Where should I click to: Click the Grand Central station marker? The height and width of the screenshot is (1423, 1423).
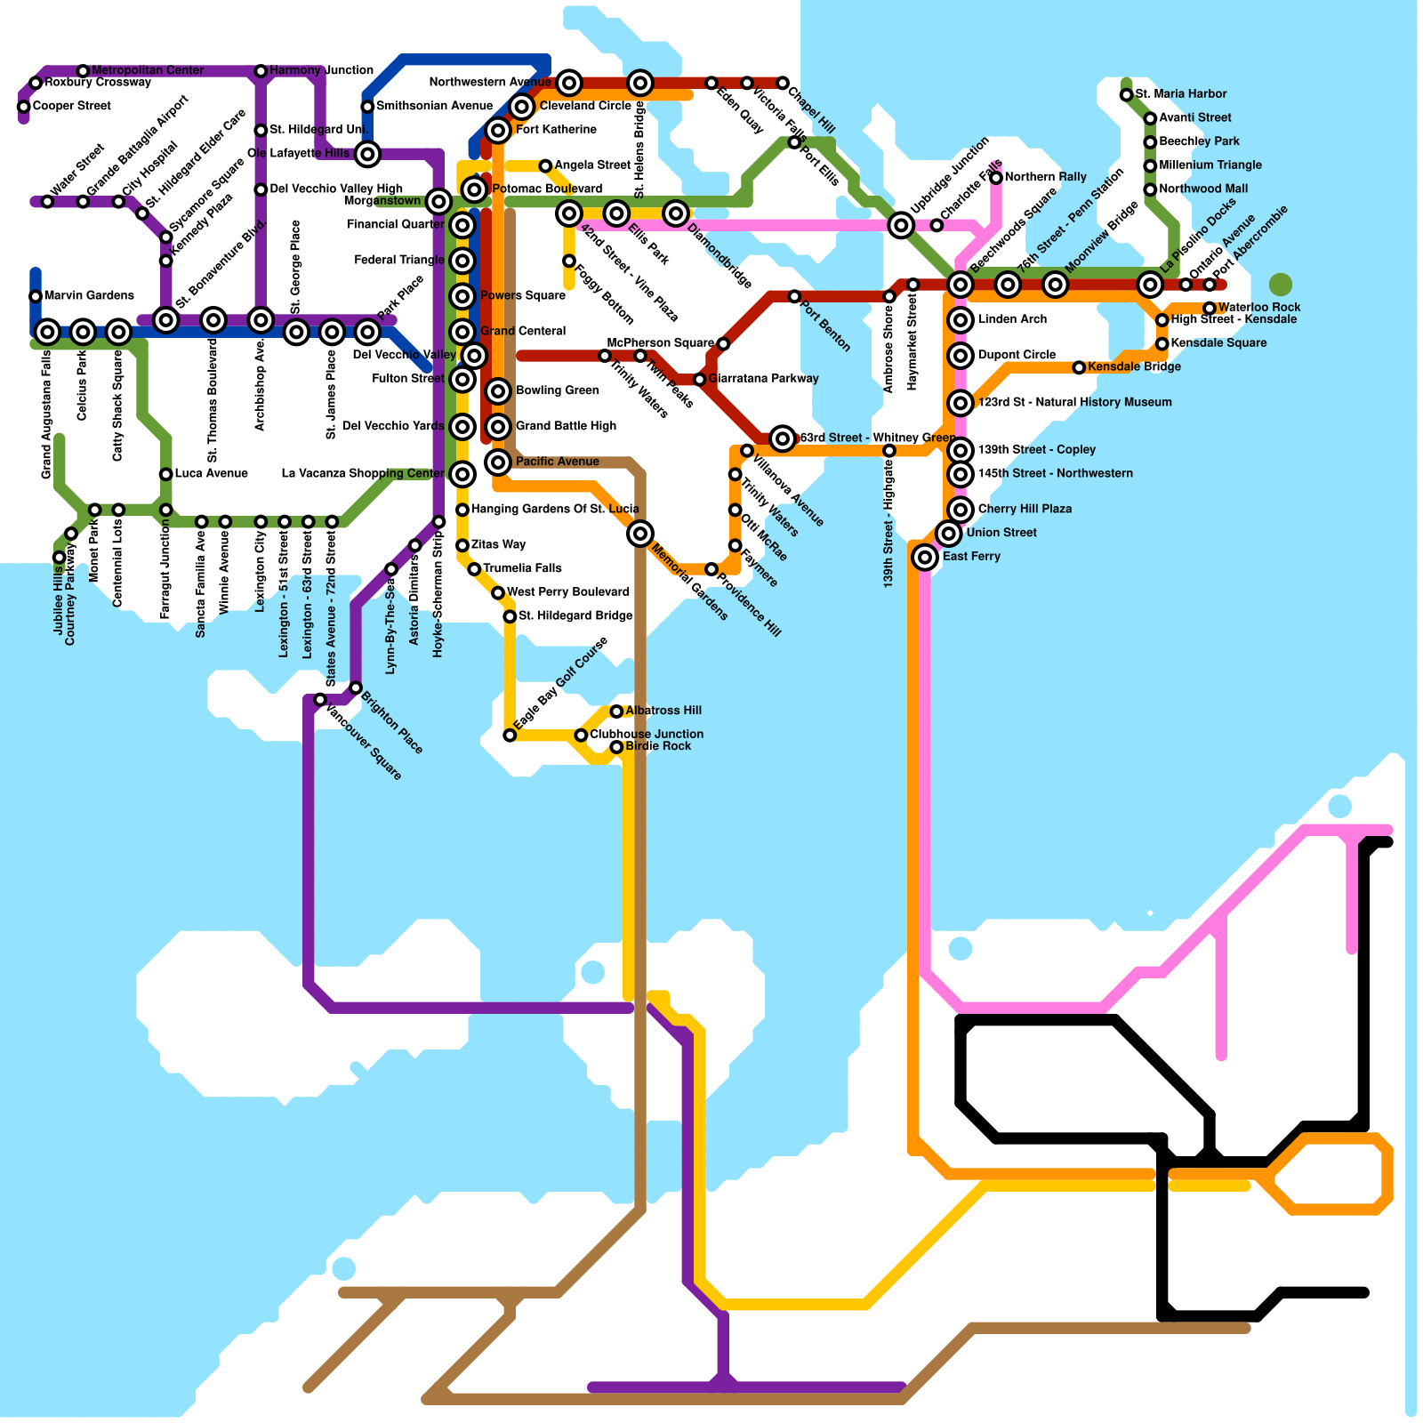[x=462, y=332]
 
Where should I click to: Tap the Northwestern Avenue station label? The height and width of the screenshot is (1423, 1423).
[x=490, y=83]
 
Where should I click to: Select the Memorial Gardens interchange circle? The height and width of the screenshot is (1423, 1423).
[x=640, y=534]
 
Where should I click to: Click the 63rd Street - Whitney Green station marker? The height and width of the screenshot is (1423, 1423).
[x=783, y=438]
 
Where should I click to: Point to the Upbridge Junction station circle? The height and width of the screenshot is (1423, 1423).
[x=901, y=225]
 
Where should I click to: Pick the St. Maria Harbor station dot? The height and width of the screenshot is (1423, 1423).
[x=1126, y=94]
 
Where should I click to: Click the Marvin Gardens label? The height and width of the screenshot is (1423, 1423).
[x=89, y=295]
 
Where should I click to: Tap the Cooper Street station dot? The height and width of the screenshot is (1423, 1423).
[x=24, y=107]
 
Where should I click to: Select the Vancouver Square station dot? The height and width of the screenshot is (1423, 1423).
[x=320, y=700]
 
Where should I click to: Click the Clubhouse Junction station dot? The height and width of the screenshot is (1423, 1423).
[x=581, y=736]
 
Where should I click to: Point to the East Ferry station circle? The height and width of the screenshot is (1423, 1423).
[x=926, y=557]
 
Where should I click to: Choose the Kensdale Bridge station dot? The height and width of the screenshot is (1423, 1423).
[x=1079, y=367]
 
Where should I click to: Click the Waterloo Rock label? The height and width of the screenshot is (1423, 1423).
[x=1259, y=308]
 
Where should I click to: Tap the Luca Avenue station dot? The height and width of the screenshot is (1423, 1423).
[x=166, y=474]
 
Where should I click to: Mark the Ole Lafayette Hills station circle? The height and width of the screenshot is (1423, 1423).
[x=367, y=154]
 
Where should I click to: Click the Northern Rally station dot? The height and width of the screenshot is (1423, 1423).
[x=996, y=178]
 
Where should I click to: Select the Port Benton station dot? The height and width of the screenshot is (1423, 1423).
[x=794, y=296]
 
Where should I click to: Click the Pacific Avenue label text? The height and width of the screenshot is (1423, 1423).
[x=558, y=462]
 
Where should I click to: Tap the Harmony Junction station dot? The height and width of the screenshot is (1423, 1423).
[x=261, y=71]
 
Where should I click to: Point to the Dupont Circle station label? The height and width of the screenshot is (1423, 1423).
[x=1017, y=355]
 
